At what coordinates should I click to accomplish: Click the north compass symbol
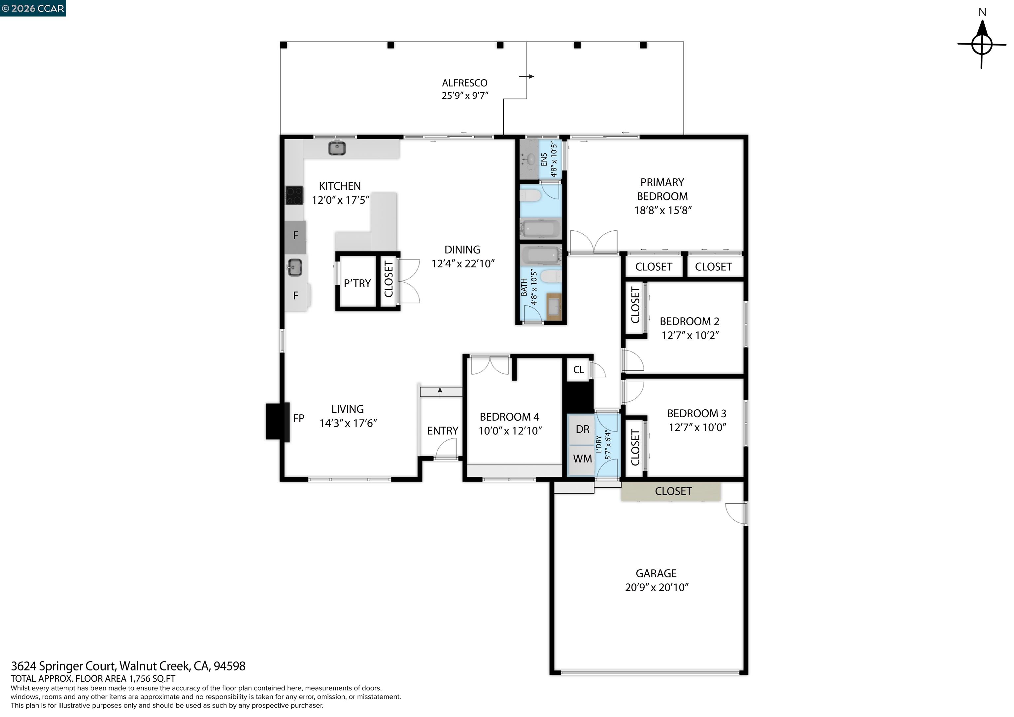(982, 44)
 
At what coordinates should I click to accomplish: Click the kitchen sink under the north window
(337, 149)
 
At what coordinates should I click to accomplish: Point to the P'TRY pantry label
(357, 283)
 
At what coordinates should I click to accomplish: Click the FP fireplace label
(298, 418)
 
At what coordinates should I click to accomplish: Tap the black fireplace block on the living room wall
(277, 422)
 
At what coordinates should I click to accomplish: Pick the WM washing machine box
(582, 459)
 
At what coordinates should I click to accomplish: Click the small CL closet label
(578, 370)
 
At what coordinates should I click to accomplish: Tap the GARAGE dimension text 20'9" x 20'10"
(656, 587)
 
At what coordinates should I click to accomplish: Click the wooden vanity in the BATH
(554, 306)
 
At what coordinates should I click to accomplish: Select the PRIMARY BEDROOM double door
(593, 243)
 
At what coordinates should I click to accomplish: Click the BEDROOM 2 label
(689, 321)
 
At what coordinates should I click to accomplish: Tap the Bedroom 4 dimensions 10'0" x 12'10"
(510, 431)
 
